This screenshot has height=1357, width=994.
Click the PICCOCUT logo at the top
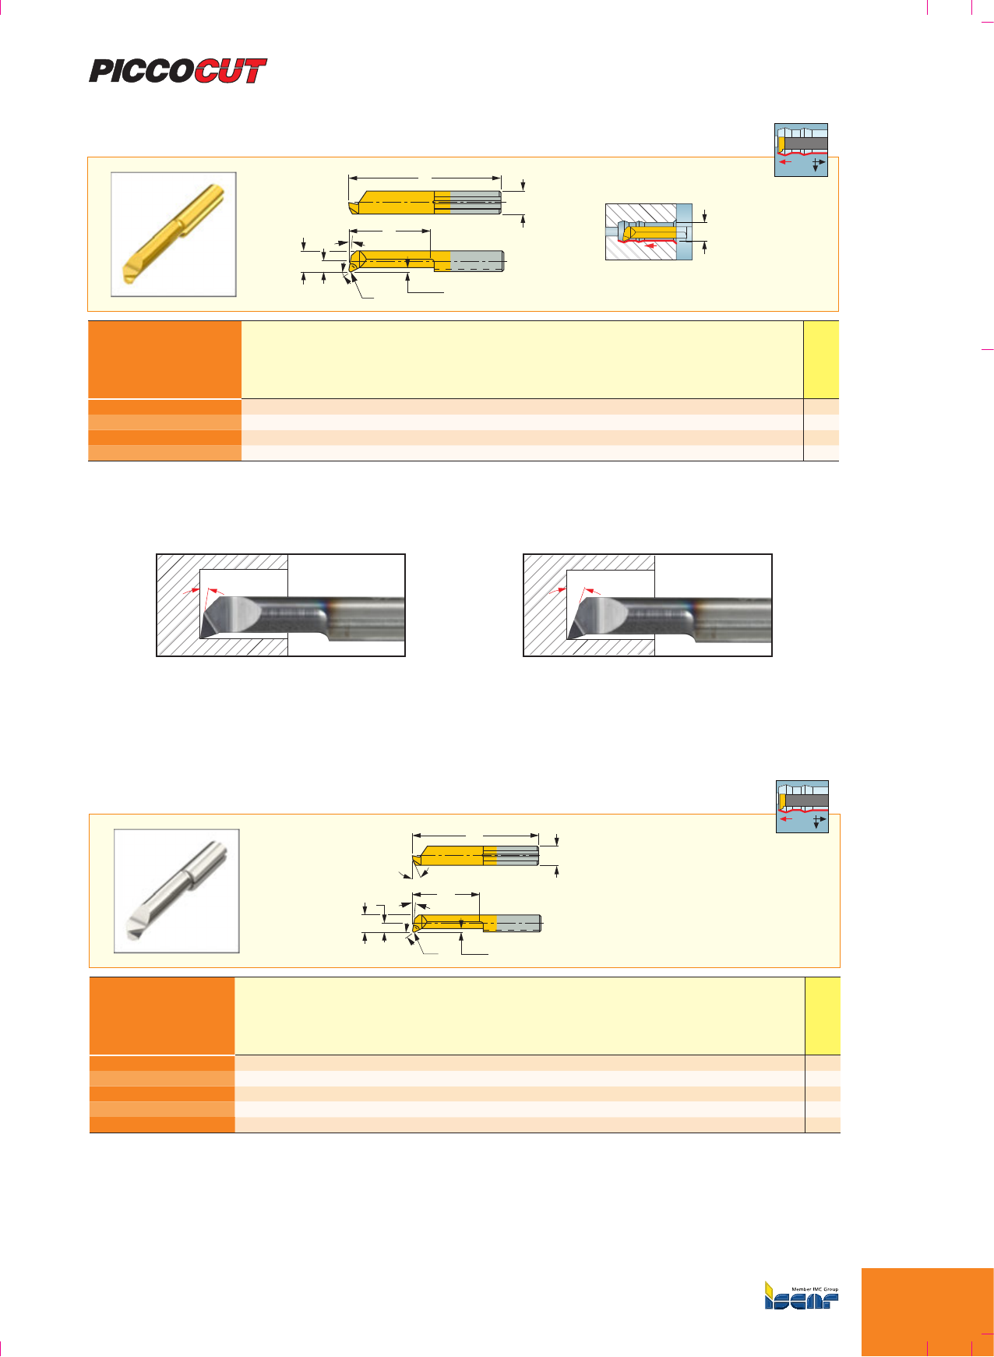point(178,71)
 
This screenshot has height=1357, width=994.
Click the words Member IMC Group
point(815,1289)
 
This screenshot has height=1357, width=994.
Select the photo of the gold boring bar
point(174,234)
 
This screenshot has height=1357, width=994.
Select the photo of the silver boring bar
point(177,891)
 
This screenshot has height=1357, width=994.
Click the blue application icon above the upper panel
point(801,150)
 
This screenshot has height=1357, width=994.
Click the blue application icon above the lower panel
point(802,807)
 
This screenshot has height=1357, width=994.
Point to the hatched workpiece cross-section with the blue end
point(649,231)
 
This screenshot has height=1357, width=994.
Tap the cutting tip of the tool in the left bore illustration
point(201,637)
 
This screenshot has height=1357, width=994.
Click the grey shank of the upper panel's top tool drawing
point(475,202)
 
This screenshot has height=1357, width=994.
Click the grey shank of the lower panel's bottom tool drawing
point(518,923)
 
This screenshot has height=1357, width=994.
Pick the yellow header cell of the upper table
point(821,359)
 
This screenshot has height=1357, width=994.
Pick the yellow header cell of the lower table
point(823,1016)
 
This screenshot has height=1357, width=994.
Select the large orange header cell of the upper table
point(164,359)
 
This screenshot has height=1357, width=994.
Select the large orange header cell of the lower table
point(162,1016)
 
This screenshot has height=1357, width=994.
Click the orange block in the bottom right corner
point(928,1313)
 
